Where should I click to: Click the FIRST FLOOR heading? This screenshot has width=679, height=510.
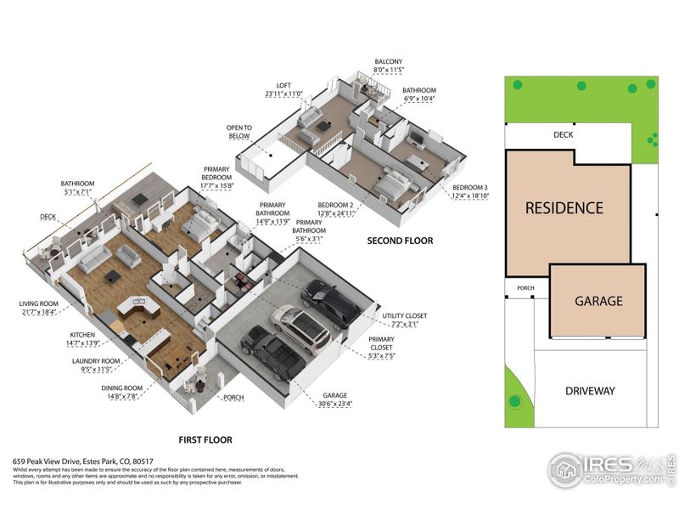pyautogui.click(x=205, y=440)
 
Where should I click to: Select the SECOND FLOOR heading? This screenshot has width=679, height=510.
pyautogui.click(x=400, y=241)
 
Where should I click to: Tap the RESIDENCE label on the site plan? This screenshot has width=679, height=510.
pyautogui.click(x=564, y=207)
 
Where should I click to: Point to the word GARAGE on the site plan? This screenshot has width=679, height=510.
pyautogui.click(x=598, y=301)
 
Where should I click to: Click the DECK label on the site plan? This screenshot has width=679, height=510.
pyautogui.click(x=564, y=134)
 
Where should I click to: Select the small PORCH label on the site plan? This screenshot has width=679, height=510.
pyautogui.click(x=525, y=288)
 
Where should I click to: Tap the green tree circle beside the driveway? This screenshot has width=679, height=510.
pyautogui.click(x=514, y=400)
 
